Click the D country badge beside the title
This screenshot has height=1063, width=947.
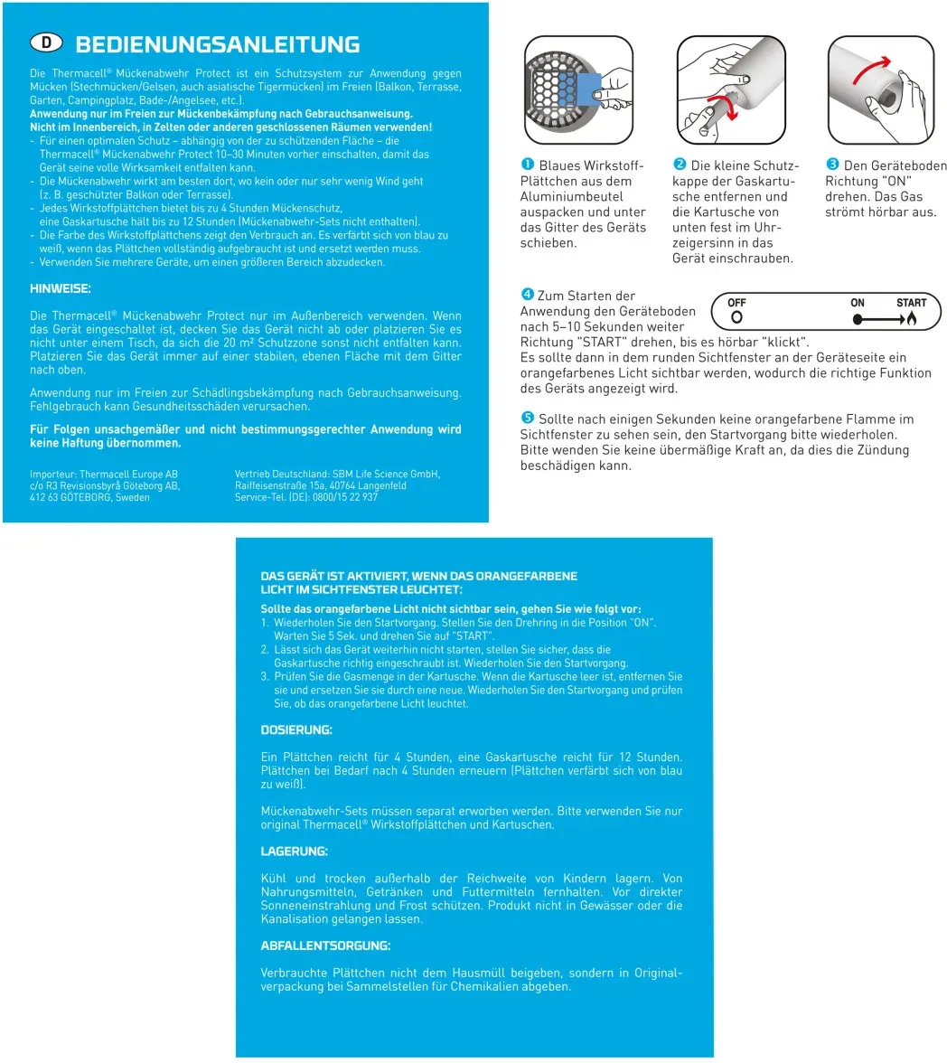48,42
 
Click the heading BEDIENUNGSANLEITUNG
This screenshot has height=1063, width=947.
218,44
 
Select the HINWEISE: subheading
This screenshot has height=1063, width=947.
61,289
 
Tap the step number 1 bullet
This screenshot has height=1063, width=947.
527,165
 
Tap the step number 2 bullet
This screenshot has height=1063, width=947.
680,165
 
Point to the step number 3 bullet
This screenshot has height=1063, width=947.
832,165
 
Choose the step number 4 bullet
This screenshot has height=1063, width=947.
527,296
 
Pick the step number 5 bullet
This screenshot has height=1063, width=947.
527,419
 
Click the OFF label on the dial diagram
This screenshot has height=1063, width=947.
736,303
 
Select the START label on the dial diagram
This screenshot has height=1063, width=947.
911,303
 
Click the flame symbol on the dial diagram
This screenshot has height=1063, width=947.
912,319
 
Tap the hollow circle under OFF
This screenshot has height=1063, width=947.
736,318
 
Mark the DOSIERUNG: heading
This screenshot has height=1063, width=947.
296,729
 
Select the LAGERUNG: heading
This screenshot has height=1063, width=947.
295,851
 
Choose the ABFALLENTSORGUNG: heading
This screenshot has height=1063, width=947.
325,945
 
